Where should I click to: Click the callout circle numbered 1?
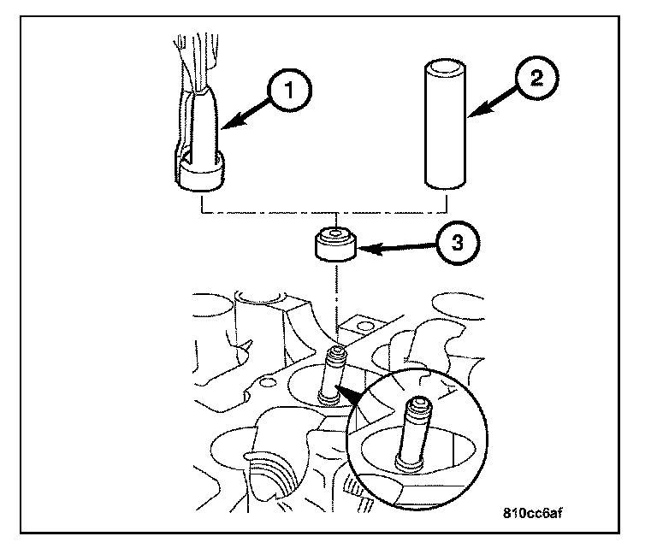click(x=289, y=91)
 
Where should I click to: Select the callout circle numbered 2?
click(x=536, y=79)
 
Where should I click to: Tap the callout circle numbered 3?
click(x=457, y=244)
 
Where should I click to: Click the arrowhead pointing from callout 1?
click(x=229, y=122)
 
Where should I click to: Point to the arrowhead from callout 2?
click(x=477, y=109)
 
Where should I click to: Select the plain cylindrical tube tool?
click(x=446, y=123)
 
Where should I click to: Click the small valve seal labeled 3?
click(x=335, y=244)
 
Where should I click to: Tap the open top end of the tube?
click(x=446, y=66)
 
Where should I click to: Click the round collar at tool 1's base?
click(x=199, y=171)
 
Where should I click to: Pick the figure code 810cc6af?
click(x=533, y=513)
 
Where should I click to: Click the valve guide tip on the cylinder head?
click(x=338, y=355)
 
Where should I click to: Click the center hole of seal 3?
click(x=335, y=232)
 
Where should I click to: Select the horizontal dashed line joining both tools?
click(x=324, y=212)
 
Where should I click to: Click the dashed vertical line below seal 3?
click(x=336, y=306)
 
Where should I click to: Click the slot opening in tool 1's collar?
click(x=186, y=159)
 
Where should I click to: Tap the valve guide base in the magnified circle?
click(x=409, y=465)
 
